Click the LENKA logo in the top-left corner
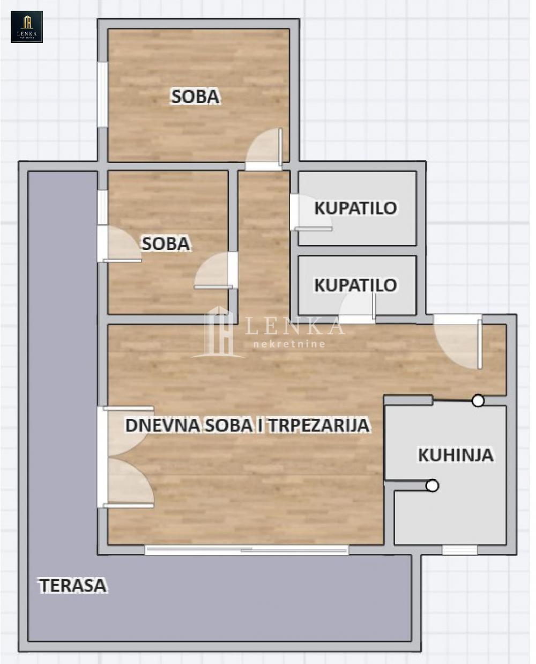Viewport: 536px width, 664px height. click(27, 26)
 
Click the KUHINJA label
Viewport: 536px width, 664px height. click(456, 455)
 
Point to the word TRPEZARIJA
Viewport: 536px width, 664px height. click(319, 425)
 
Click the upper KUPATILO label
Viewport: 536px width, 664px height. click(356, 208)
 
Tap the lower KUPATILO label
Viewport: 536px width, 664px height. click(356, 285)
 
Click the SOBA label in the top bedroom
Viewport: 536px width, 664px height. click(195, 97)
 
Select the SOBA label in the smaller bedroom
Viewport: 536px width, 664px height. click(166, 244)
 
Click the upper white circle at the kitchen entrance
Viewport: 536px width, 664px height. click(478, 401)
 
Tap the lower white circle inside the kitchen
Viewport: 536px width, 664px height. click(433, 485)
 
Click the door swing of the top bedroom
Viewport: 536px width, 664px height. click(264, 149)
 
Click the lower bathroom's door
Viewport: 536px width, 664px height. click(358, 309)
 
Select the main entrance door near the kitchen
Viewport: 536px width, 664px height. click(458, 342)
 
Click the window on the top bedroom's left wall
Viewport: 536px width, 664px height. click(103, 94)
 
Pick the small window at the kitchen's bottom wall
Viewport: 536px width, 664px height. click(460, 550)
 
